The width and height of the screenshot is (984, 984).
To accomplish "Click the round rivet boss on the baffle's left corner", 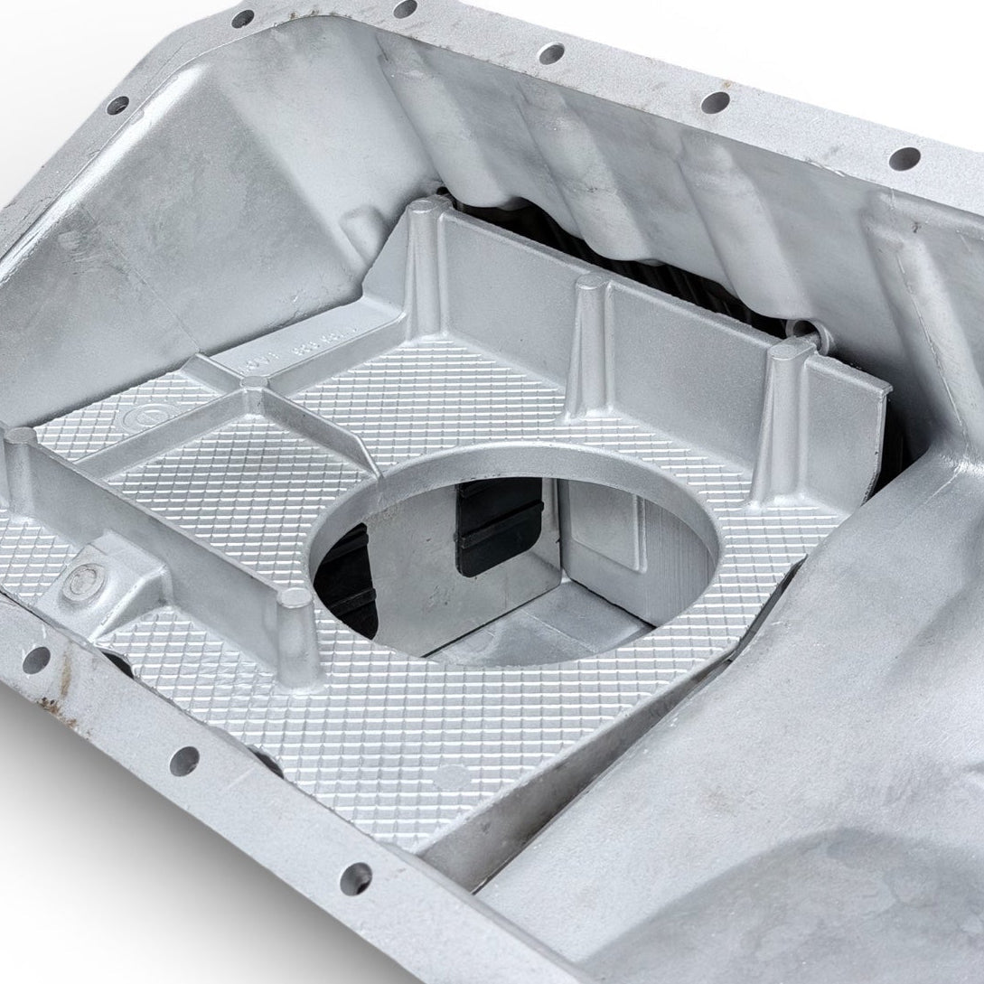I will pos(89,578).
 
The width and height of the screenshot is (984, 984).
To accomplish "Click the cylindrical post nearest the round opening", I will pos(297,633).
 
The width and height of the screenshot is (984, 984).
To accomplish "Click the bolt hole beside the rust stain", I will pos(35,659).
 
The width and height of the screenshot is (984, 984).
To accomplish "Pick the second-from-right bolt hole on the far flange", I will pos(715,102).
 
